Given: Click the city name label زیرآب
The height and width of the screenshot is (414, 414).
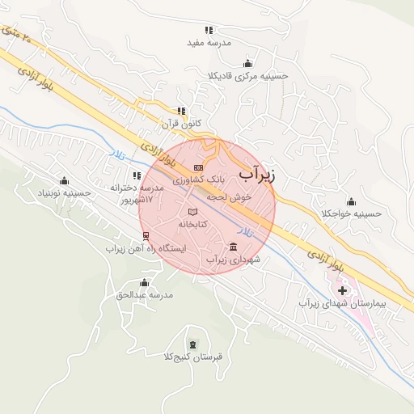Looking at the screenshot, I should click(x=258, y=175).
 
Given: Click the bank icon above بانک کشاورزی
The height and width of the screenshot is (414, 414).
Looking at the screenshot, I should click(x=199, y=167).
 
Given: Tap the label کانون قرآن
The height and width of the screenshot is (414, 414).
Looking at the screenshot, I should click(x=181, y=124).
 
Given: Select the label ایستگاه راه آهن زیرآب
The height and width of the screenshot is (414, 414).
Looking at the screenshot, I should click(x=146, y=248).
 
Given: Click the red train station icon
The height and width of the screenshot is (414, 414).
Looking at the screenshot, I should click(x=146, y=236).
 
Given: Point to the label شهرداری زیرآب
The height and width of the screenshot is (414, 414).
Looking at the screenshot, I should click(x=234, y=260).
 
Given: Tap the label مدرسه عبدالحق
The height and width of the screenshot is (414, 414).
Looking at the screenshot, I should click(x=145, y=294).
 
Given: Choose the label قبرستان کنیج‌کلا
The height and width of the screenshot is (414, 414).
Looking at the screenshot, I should click(x=192, y=356).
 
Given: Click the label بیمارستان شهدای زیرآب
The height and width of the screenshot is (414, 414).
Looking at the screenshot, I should click(x=343, y=302).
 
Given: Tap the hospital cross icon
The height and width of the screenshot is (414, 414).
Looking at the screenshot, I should click(x=343, y=289).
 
